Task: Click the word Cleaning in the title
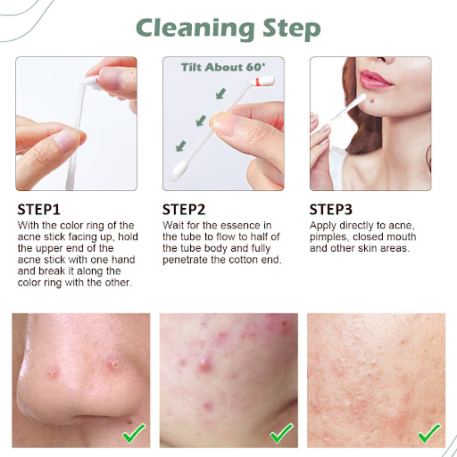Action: [195, 29]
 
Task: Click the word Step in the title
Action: [292, 29]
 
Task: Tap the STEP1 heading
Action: [38, 210]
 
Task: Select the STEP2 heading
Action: [184, 210]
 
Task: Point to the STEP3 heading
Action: [331, 210]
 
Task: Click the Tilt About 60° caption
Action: [223, 67]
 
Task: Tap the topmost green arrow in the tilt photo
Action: [220, 94]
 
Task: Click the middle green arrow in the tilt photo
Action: [201, 120]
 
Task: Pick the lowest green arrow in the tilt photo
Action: [180, 145]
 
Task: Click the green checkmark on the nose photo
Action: [134, 433]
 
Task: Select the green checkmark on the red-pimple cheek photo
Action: [281, 433]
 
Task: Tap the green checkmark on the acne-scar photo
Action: [429, 433]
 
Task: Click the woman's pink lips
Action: [375, 79]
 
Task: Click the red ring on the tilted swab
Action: [258, 81]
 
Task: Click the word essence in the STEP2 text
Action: [238, 226]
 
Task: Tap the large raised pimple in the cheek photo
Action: [205, 364]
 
